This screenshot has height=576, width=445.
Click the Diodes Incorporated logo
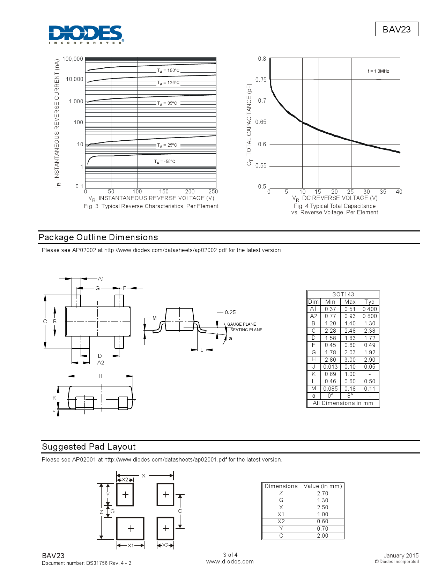coord(86,34)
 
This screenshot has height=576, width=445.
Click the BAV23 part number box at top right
coord(396,29)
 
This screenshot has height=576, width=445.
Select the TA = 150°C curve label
coord(168,71)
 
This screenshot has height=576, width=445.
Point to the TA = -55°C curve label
coord(165,162)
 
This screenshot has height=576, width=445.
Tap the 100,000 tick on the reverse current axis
coord(73,59)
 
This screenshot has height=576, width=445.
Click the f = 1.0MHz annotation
coord(378,71)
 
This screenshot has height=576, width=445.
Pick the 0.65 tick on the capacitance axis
coord(261,122)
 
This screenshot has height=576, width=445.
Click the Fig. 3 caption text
coord(151,206)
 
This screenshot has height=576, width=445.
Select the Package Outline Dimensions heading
coord(98,237)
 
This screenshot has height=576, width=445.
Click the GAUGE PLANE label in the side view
coord(242,324)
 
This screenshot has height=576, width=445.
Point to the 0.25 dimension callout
coord(230,312)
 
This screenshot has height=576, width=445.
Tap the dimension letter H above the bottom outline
coord(100,376)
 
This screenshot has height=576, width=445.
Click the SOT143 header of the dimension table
coord(343,294)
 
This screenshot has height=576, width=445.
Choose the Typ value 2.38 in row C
coord(369,331)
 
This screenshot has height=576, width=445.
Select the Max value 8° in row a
coord(350,396)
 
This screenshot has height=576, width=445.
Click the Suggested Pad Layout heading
coord(89,447)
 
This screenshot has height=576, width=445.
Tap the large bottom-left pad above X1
coord(130,529)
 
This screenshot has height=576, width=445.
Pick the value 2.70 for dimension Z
coord(322,493)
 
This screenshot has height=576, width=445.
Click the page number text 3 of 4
coord(230,555)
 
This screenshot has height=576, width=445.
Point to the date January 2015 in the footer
coord(401,555)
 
